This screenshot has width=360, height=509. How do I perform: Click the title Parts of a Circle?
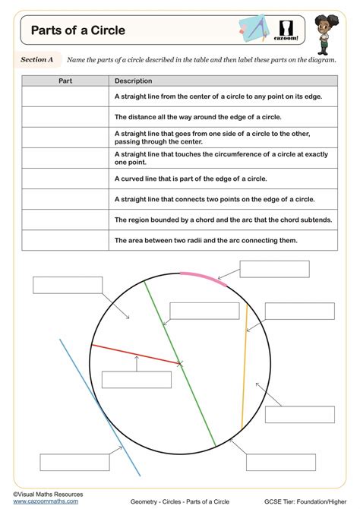pyautogui.click(x=77, y=31)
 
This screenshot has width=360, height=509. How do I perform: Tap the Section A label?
pyautogui.click(x=36, y=58)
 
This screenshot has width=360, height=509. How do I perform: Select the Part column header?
pyautogui.click(x=65, y=81)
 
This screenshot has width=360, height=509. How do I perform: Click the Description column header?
pyautogui.click(x=134, y=81)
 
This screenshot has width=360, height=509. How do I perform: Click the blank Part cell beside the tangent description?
pyautogui.click(x=65, y=158)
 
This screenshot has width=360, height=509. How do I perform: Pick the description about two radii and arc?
pyautogui.click(x=206, y=240)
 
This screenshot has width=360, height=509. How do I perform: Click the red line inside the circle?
pyautogui.click(x=137, y=355)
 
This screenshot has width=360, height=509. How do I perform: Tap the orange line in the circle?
pyautogui.click(x=245, y=365)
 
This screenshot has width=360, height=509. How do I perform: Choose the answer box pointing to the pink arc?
pyautogui.click(x=274, y=269)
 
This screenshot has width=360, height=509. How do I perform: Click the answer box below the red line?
pyautogui.click(x=136, y=379)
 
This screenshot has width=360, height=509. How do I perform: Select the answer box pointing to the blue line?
pyautogui.click(x=74, y=462)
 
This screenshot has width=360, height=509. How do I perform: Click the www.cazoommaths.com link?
pyautogui.click(x=45, y=501)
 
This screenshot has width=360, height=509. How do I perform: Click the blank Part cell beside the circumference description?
pyautogui.click(x=65, y=117)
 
